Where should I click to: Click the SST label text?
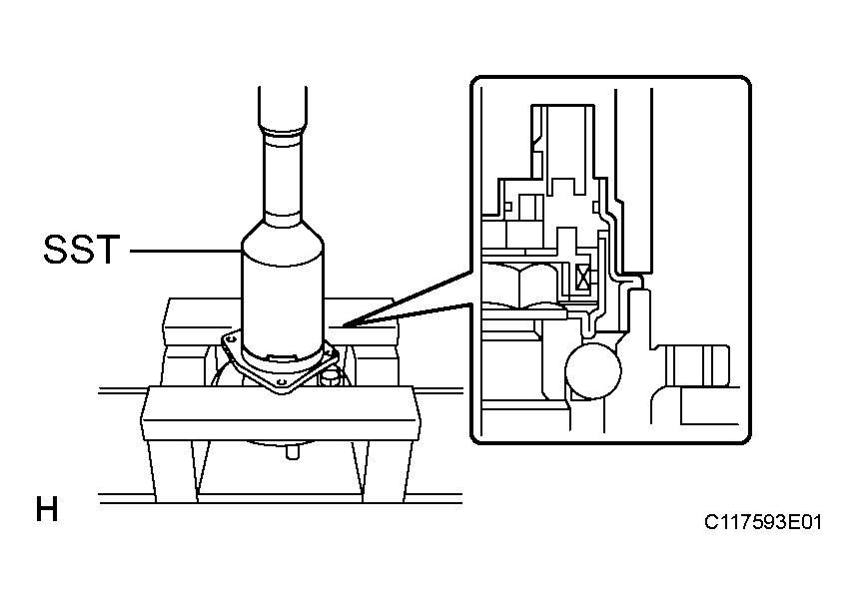click(x=82, y=250)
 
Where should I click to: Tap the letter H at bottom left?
click(x=47, y=509)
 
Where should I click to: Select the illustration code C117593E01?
click(x=762, y=522)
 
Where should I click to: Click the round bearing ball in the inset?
click(x=593, y=370)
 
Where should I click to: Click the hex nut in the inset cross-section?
click(x=520, y=284)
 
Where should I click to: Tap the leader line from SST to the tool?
click(x=185, y=251)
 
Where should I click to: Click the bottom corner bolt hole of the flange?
click(x=281, y=381)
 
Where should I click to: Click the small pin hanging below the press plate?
click(x=293, y=452)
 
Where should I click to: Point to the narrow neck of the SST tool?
click(x=282, y=175)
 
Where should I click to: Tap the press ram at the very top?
click(x=283, y=108)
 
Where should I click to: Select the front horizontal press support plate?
click(x=281, y=413)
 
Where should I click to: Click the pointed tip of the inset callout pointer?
click(x=332, y=326)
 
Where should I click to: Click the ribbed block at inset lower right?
click(x=697, y=365)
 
